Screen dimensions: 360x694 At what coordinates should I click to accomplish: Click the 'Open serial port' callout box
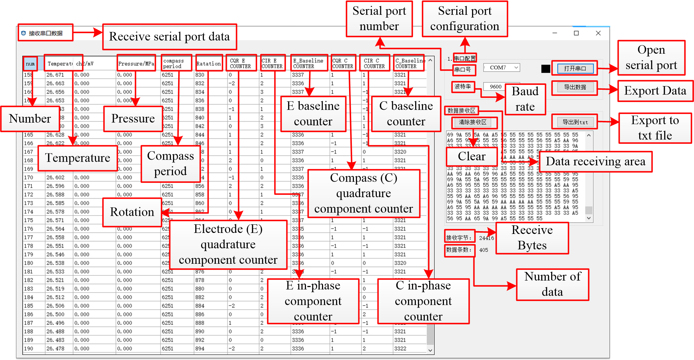pos(651,58)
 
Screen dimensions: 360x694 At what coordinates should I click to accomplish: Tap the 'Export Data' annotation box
pos(655,91)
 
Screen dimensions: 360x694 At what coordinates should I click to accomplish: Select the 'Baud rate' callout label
pos(525,99)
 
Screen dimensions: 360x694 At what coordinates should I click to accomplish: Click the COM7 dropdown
pos(501,67)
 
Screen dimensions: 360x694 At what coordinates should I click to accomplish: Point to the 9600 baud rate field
pos(496,87)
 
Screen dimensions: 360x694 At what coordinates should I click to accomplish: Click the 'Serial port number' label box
pos(379,18)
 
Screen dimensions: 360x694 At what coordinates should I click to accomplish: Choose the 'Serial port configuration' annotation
pos(464,18)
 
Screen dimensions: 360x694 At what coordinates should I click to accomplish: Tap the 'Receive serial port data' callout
pos(169,37)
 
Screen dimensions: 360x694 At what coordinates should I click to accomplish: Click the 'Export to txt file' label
pos(655,128)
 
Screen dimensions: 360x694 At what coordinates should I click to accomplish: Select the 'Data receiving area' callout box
pos(595,161)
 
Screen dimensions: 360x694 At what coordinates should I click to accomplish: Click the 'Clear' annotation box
pos(472,157)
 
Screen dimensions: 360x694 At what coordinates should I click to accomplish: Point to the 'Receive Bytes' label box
pos(532,238)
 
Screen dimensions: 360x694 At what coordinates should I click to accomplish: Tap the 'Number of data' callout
pos(552,284)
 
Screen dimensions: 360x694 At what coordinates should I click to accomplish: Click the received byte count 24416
pos(486,238)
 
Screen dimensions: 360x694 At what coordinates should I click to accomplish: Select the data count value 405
pos(484,250)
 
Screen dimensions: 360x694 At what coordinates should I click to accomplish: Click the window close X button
pos(598,33)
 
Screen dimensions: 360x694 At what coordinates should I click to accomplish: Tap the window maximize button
pos(576,33)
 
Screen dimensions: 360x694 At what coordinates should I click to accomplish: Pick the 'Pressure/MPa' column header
pos(136,63)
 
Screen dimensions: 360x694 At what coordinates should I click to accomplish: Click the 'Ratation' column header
pos(209,63)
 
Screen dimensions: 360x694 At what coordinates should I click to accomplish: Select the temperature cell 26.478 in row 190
pos(55,349)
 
